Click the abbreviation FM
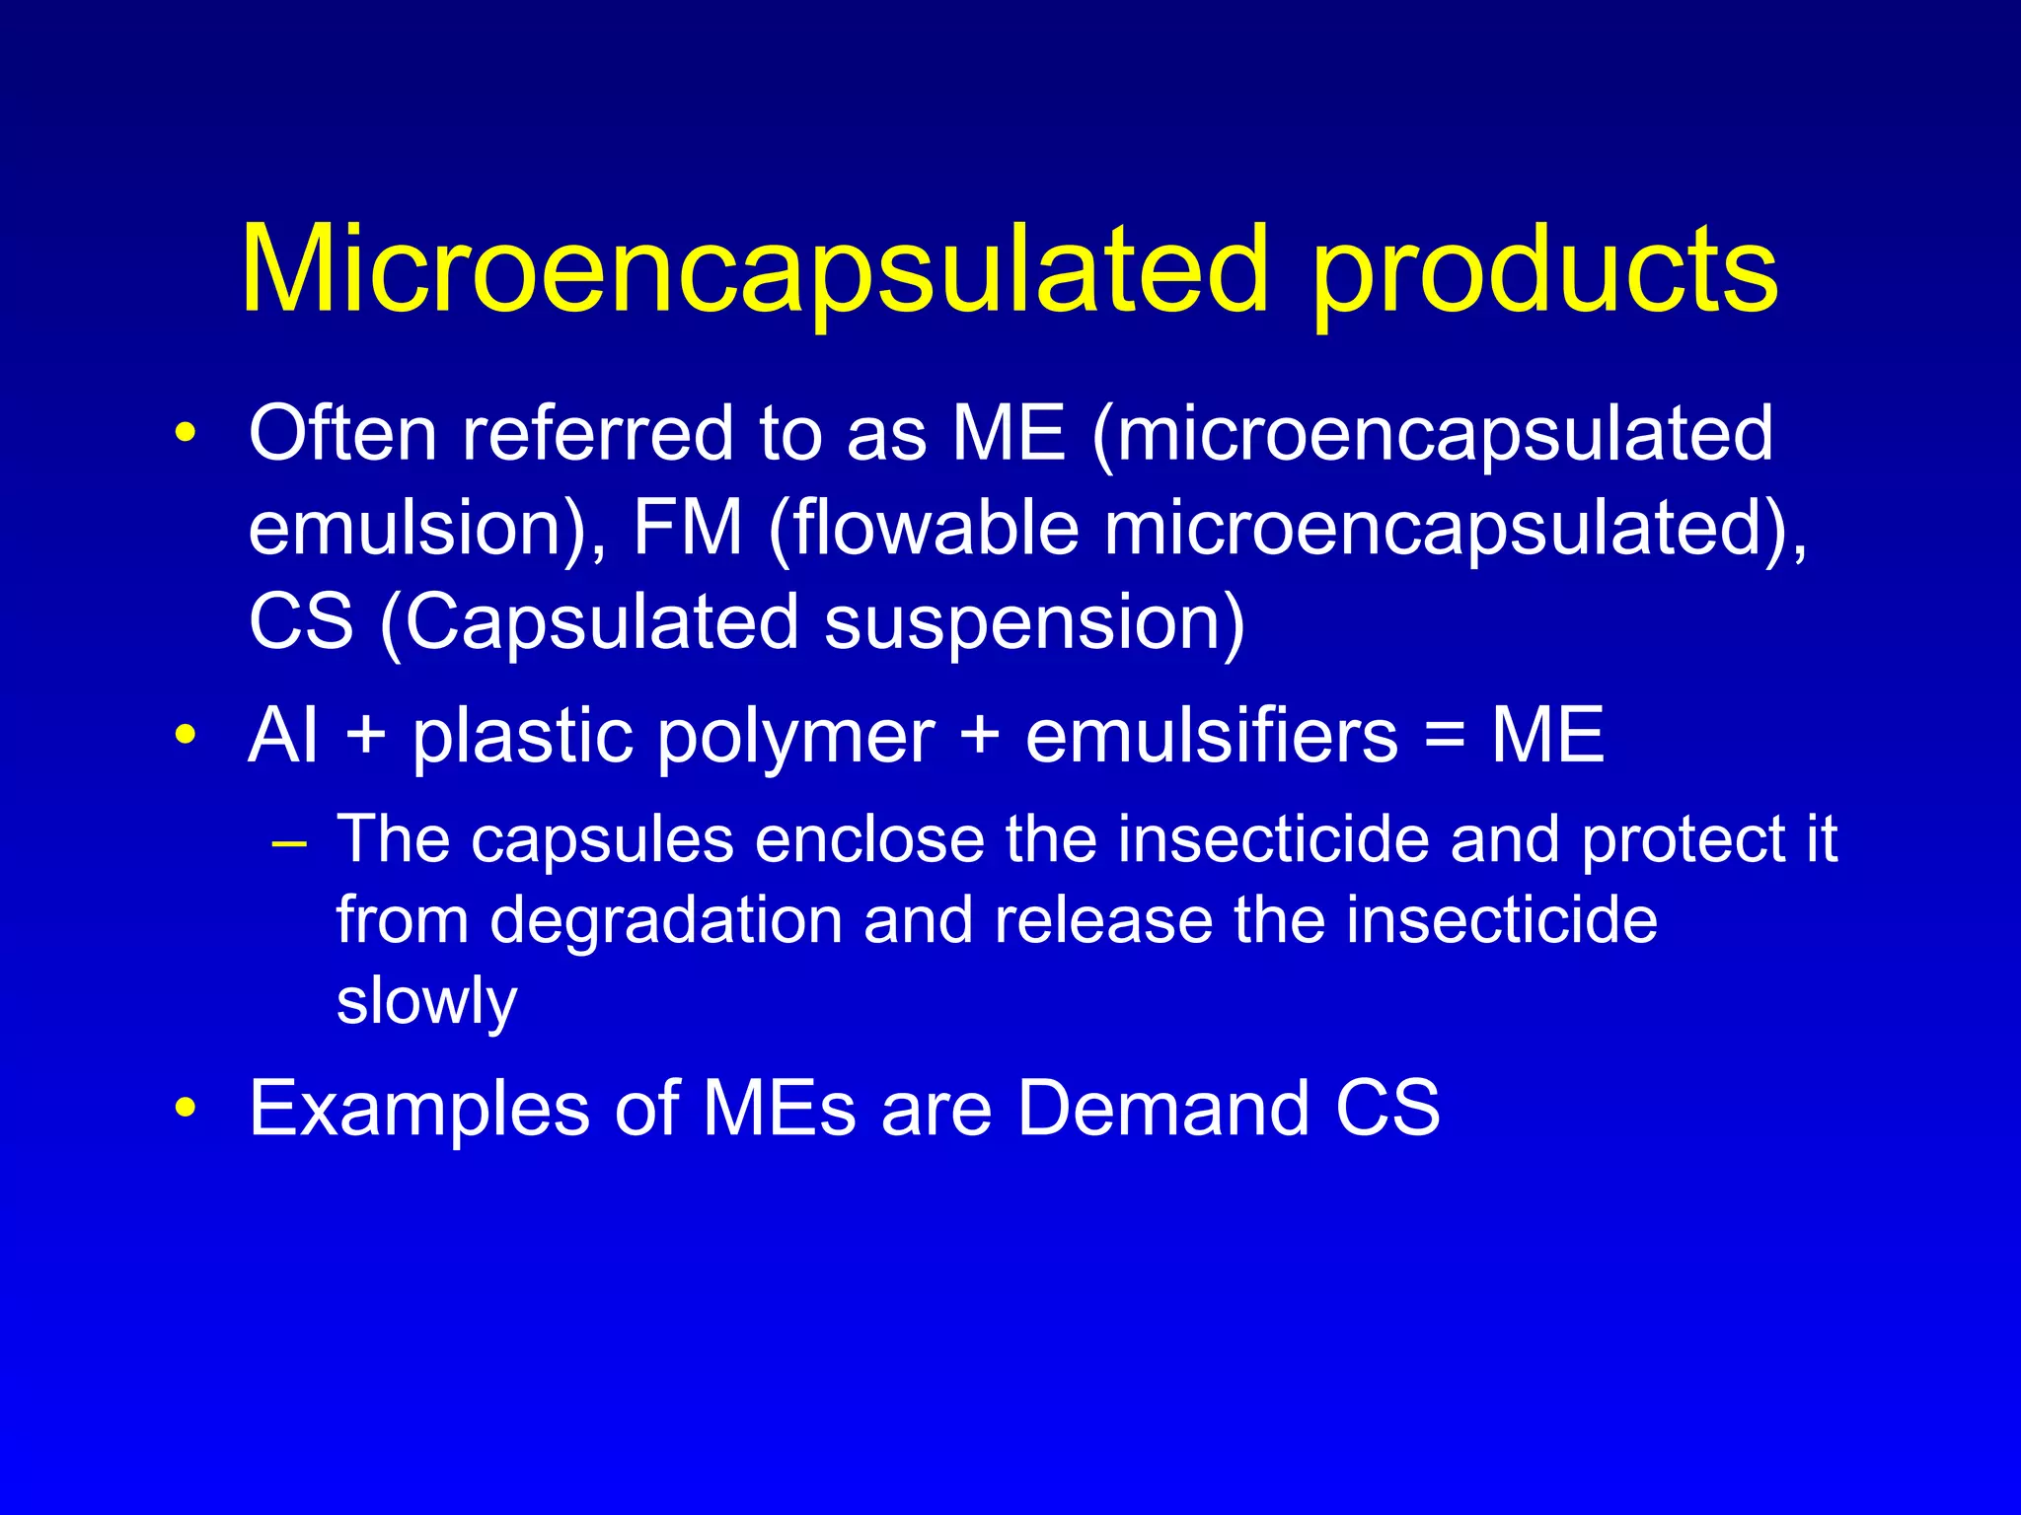[687, 528]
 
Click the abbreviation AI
[283, 736]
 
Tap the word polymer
[795, 738]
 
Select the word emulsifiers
[1212, 736]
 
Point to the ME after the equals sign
[1547, 736]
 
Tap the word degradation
[666, 922]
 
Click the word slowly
[426, 1002]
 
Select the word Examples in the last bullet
[419, 1109]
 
